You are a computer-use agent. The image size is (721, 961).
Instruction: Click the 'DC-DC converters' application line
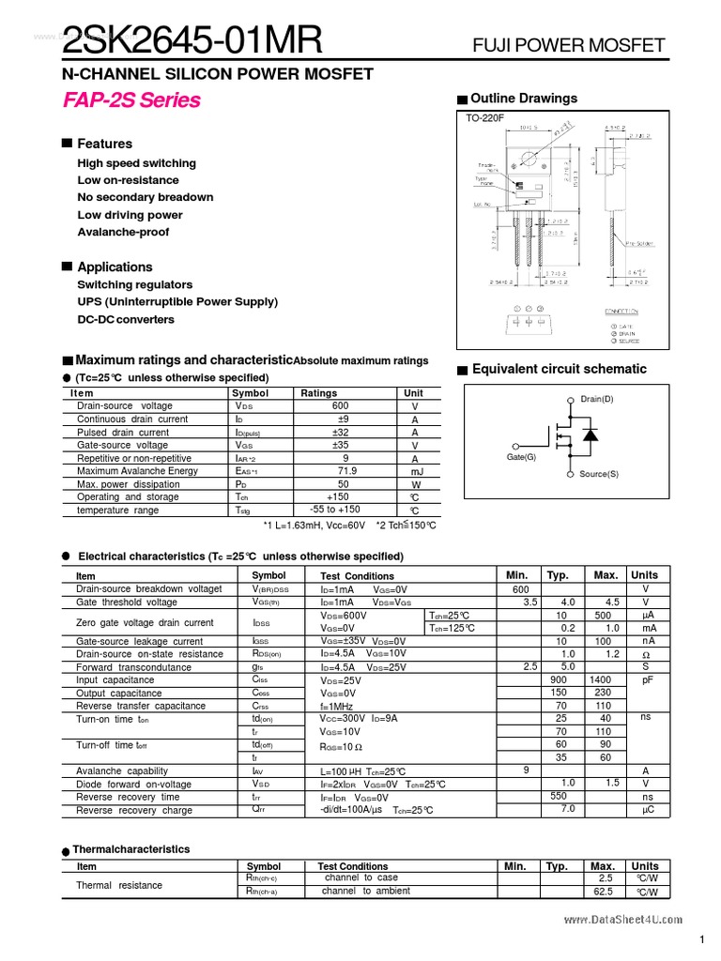click(126, 319)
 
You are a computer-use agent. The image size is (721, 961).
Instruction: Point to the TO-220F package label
click(485, 118)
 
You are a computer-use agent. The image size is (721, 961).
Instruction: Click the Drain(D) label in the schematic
click(597, 399)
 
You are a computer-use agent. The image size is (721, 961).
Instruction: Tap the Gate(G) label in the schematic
click(521, 457)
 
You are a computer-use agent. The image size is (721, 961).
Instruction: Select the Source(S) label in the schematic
click(599, 474)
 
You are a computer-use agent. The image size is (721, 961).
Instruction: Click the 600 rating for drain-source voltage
click(340, 405)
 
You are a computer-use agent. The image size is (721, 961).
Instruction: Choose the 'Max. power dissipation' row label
click(130, 484)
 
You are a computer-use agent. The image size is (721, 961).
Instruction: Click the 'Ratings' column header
click(319, 393)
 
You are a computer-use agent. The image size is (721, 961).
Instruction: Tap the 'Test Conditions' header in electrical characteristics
click(357, 576)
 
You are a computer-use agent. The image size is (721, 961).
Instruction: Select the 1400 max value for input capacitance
click(600, 679)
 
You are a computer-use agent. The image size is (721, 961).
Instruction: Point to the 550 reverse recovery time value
click(558, 796)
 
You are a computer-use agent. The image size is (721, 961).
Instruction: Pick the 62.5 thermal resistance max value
click(603, 892)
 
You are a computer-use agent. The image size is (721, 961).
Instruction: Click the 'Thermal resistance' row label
click(118, 885)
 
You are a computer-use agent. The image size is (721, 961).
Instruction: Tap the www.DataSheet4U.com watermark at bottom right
click(623, 922)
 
